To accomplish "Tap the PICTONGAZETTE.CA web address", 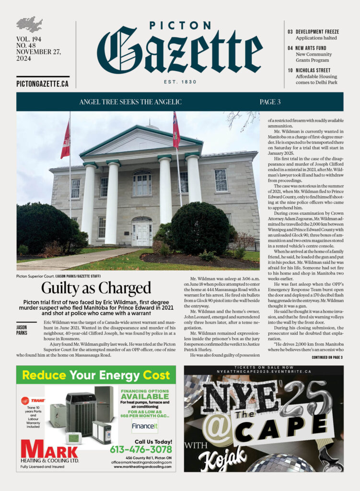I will click(42, 83).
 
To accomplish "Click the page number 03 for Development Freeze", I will click(290, 31).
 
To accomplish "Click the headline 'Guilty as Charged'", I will click(96, 288).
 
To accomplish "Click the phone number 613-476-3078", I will click(140, 449).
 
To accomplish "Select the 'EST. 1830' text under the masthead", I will click(180, 82).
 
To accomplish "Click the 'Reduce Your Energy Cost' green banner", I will click(96, 374).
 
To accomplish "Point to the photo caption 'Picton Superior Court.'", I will click(35, 276).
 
